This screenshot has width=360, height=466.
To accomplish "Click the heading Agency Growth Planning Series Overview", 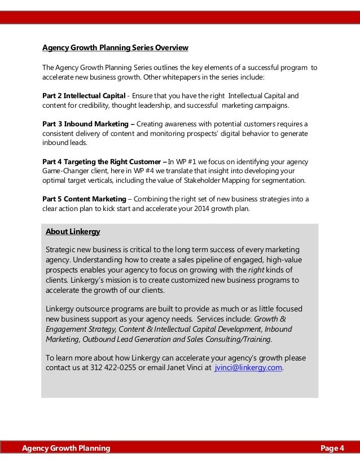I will pyautogui.click(x=115, y=47).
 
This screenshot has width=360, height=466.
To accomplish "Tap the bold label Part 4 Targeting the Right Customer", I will pyautogui.click(x=101, y=161).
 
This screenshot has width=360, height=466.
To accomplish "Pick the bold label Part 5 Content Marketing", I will pyautogui.click(x=84, y=199).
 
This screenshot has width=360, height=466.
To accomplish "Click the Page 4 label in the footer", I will pyautogui.click(x=332, y=449).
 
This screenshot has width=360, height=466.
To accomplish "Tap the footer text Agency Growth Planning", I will pyautogui.click(x=66, y=449).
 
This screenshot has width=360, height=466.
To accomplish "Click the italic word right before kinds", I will pyautogui.click(x=256, y=269).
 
